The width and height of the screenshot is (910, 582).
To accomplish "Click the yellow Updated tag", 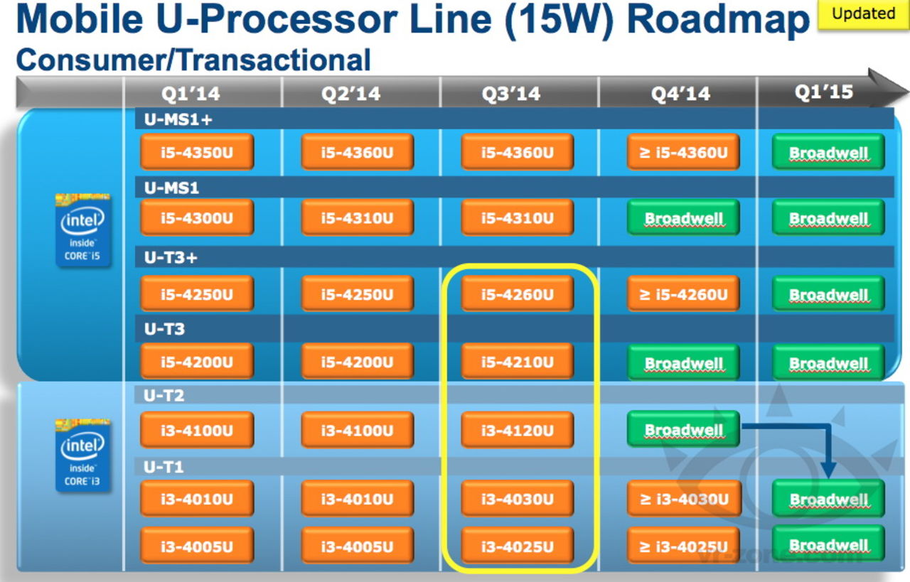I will coord(863,14).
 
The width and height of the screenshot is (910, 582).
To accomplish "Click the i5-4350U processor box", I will coord(197,152).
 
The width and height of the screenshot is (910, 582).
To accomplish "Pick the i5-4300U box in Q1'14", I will coord(197,218).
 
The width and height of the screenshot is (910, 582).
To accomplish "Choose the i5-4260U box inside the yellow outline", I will coord(517,294).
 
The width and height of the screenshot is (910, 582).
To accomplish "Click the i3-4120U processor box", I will coord(517,431).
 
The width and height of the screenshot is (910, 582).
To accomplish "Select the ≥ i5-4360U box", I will coord(682,152).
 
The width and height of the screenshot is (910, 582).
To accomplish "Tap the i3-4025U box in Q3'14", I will coord(517,546).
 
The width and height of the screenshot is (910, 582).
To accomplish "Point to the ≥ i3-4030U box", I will coord(682,499).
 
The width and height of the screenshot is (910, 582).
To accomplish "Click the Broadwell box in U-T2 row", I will coord(682,430).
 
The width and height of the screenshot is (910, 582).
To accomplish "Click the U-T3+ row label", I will coord(171,257).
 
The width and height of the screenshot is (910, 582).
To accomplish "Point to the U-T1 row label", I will coord(164,467).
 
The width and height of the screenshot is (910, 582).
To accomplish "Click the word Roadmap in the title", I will coord(718,21).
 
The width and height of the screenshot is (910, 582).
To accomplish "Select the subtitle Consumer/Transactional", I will coord(193,60).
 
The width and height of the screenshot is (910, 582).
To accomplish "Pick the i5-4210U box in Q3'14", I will coord(517,362).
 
